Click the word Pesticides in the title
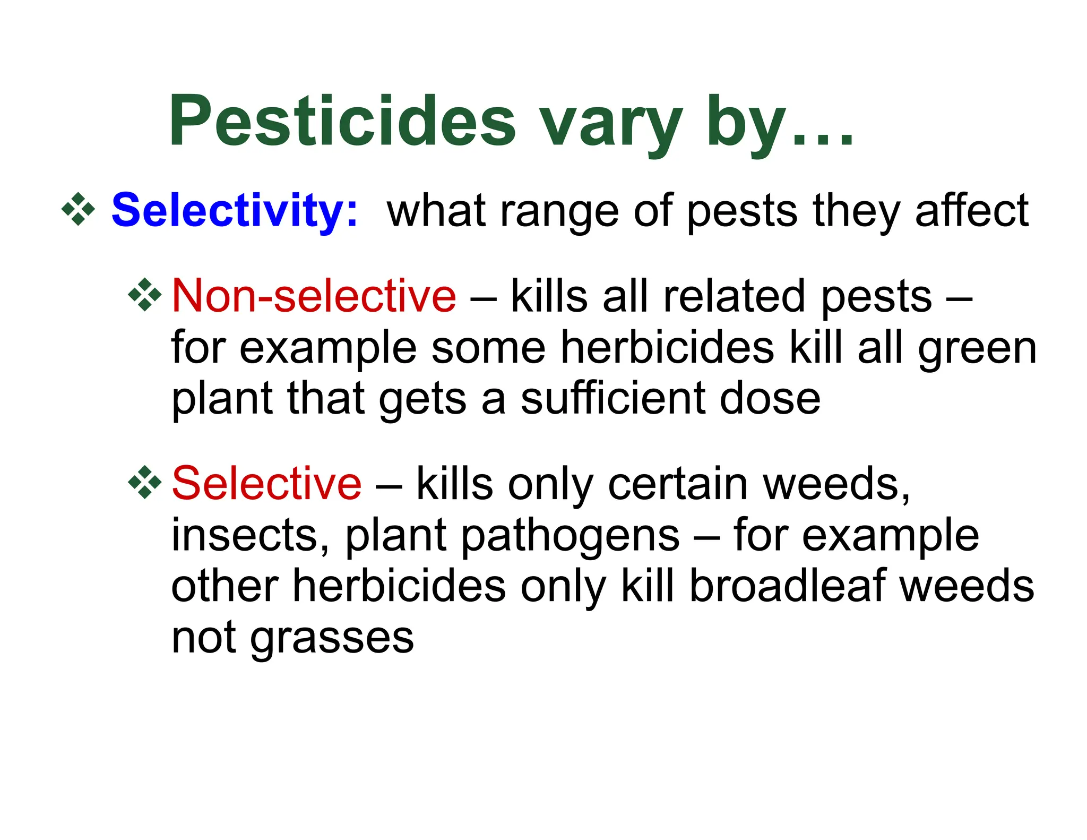pyautogui.click(x=342, y=121)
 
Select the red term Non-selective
pyautogui.click(x=314, y=296)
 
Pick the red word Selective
pyautogui.click(x=266, y=483)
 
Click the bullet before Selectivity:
pyautogui.click(x=78, y=210)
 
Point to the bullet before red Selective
pyautogui.click(x=145, y=483)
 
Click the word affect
pyautogui.click(x=971, y=211)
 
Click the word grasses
pyautogui.click(x=332, y=639)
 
